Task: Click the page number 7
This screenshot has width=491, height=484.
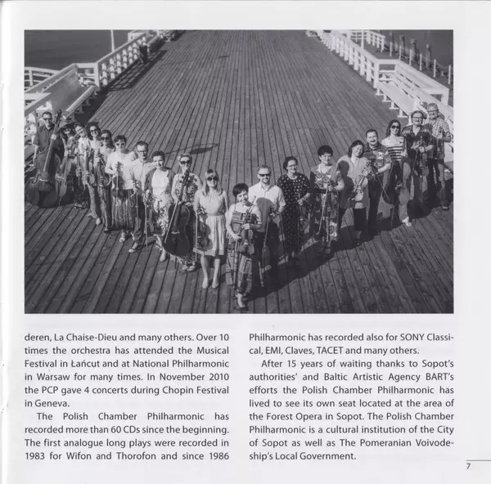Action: pos(468,466)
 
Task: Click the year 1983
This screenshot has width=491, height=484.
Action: pos(38,455)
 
